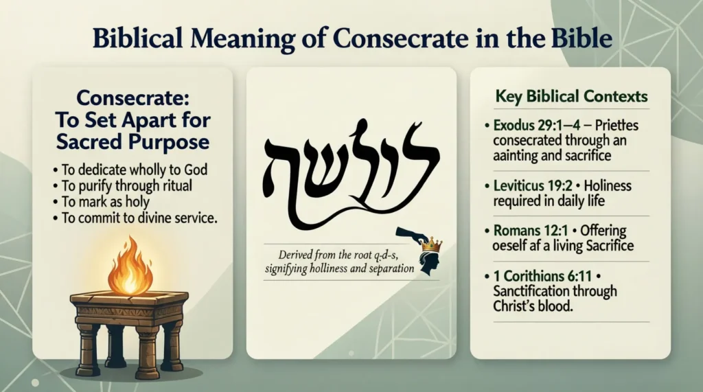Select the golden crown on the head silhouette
click(432, 244)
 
